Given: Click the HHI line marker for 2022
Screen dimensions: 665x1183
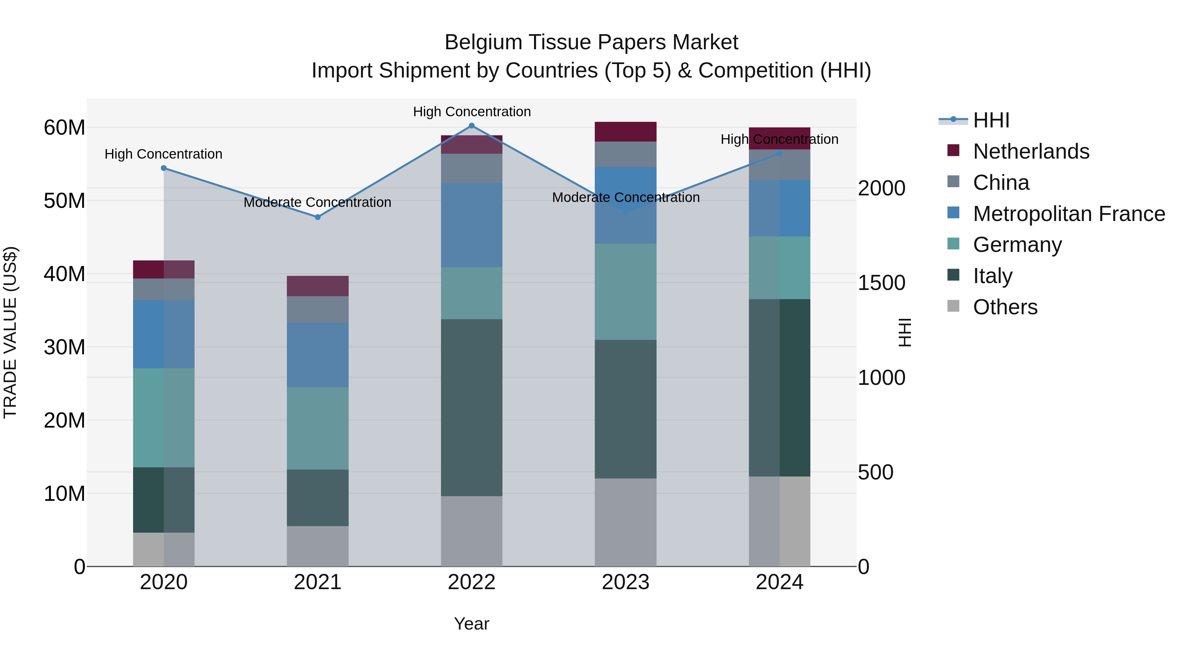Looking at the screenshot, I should pos(471,126).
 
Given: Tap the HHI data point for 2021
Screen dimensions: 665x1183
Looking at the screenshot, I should pos(317,217).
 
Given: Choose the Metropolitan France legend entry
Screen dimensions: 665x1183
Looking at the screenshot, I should pos(1068,214).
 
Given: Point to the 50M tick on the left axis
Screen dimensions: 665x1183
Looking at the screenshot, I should pos(64,201).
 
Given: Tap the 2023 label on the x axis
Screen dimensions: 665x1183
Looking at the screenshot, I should pos(625,582).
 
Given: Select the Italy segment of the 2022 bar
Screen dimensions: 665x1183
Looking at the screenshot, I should pos(471,408).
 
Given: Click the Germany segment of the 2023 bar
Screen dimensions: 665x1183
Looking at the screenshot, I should pos(625,292).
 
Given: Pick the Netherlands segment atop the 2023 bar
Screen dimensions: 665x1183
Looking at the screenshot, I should pos(625,132).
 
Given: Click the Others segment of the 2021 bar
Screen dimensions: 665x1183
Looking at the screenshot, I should pos(317,546).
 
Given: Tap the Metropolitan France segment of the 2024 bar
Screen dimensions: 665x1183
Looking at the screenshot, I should pos(779,208).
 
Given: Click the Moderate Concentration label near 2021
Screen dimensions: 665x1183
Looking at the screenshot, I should pos(317,202).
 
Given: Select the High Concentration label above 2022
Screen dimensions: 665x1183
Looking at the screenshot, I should pos(472,112).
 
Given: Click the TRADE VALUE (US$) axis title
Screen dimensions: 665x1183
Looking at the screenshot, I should pos(10,332).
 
